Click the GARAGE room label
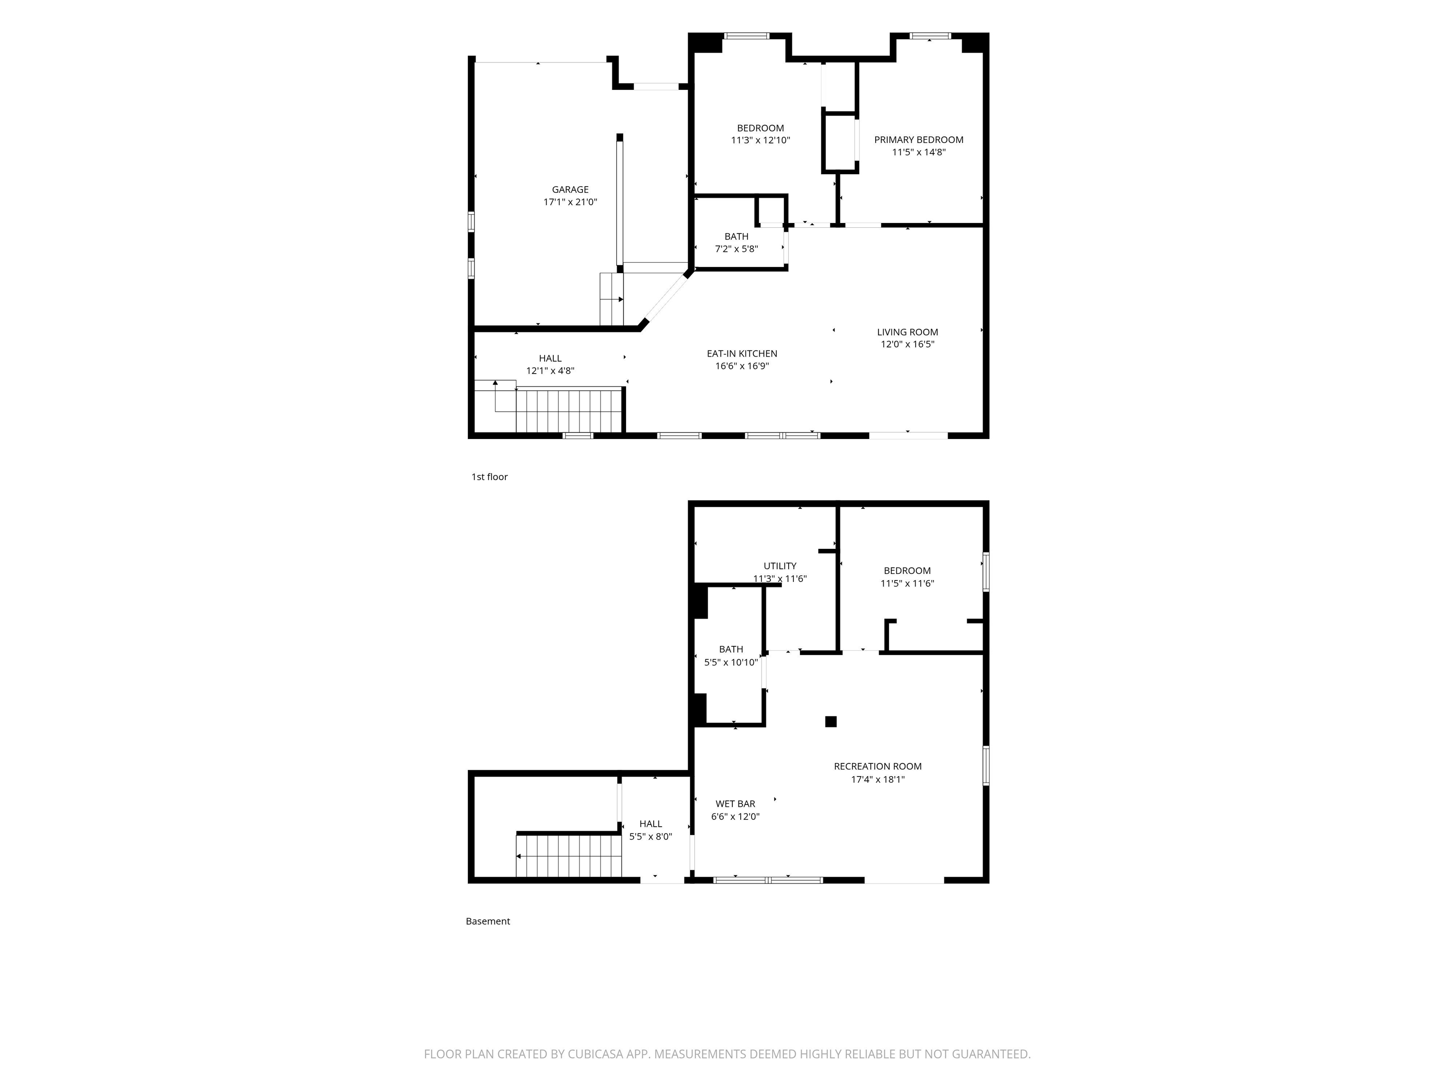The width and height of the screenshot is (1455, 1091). point(570,189)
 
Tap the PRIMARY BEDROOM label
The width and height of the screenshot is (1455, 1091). point(918,139)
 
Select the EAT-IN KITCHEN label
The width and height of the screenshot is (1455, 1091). point(742,353)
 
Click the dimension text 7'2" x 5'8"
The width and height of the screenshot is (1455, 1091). point(736,249)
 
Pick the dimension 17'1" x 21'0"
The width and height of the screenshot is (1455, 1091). point(570,202)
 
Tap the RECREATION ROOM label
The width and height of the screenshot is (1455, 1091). point(878,766)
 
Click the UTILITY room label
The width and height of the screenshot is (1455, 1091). point(780,565)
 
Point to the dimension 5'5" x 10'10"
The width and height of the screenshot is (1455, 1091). point(731,662)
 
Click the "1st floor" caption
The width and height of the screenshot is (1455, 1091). point(489,477)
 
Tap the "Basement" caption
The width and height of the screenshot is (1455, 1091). point(487,921)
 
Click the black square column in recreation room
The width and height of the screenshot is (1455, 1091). point(831,722)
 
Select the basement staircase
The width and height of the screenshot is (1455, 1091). point(569,856)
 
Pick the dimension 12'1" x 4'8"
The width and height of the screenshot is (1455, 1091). point(550,371)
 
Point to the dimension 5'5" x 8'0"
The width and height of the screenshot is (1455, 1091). point(651,837)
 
